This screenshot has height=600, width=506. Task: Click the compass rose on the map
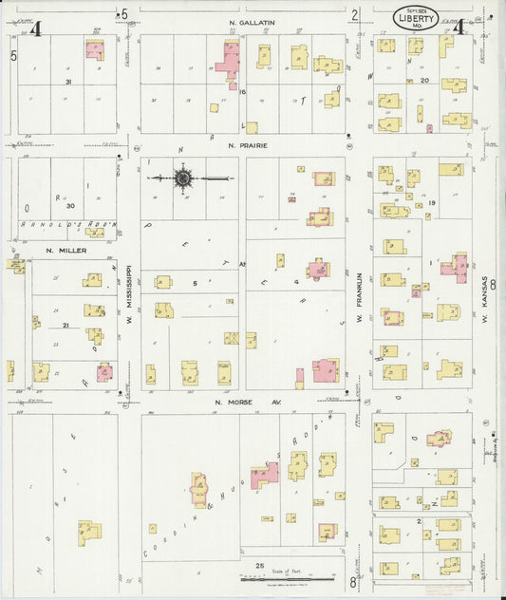[x=183, y=177]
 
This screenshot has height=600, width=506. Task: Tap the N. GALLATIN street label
[x=251, y=21]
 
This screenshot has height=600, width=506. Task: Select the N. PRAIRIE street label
[x=247, y=146]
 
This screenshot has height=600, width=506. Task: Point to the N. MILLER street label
[x=66, y=251]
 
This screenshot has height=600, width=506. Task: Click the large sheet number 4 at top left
[x=35, y=28]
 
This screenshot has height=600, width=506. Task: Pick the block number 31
[x=68, y=83]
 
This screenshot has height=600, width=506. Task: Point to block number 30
[x=69, y=204]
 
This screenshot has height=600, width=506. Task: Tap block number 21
[x=66, y=326]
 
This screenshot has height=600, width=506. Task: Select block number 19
[x=431, y=203]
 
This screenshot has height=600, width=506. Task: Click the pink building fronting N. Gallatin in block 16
[x=229, y=59]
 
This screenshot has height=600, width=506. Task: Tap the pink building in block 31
[x=95, y=49]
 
